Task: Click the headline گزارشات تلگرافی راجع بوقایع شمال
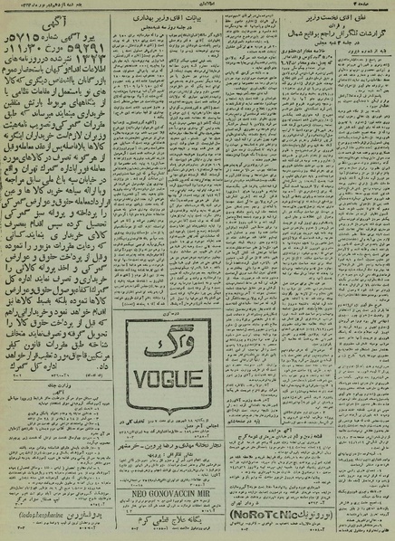(x=340, y=42)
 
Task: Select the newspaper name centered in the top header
(x=198, y=7)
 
